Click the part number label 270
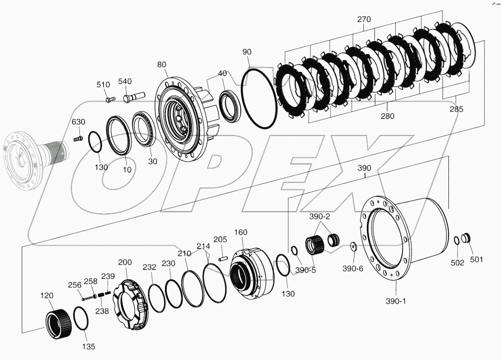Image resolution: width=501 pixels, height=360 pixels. [x=364, y=20]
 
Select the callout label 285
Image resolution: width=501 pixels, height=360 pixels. [x=456, y=109]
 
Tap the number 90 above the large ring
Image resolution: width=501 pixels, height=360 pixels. [x=247, y=52]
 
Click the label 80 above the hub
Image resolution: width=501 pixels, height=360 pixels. [x=161, y=64]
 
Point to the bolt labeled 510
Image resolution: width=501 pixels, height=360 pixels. [x=110, y=99]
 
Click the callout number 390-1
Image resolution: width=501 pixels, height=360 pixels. [x=396, y=301]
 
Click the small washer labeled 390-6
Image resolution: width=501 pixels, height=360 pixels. [x=353, y=246]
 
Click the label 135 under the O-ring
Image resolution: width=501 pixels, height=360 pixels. [x=89, y=346]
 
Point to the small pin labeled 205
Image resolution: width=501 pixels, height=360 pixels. [x=223, y=257]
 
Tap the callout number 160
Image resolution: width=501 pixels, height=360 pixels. [x=241, y=232]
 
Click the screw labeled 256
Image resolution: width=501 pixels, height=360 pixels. [x=87, y=295]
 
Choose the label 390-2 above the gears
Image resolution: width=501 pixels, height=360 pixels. [x=320, y=217]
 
